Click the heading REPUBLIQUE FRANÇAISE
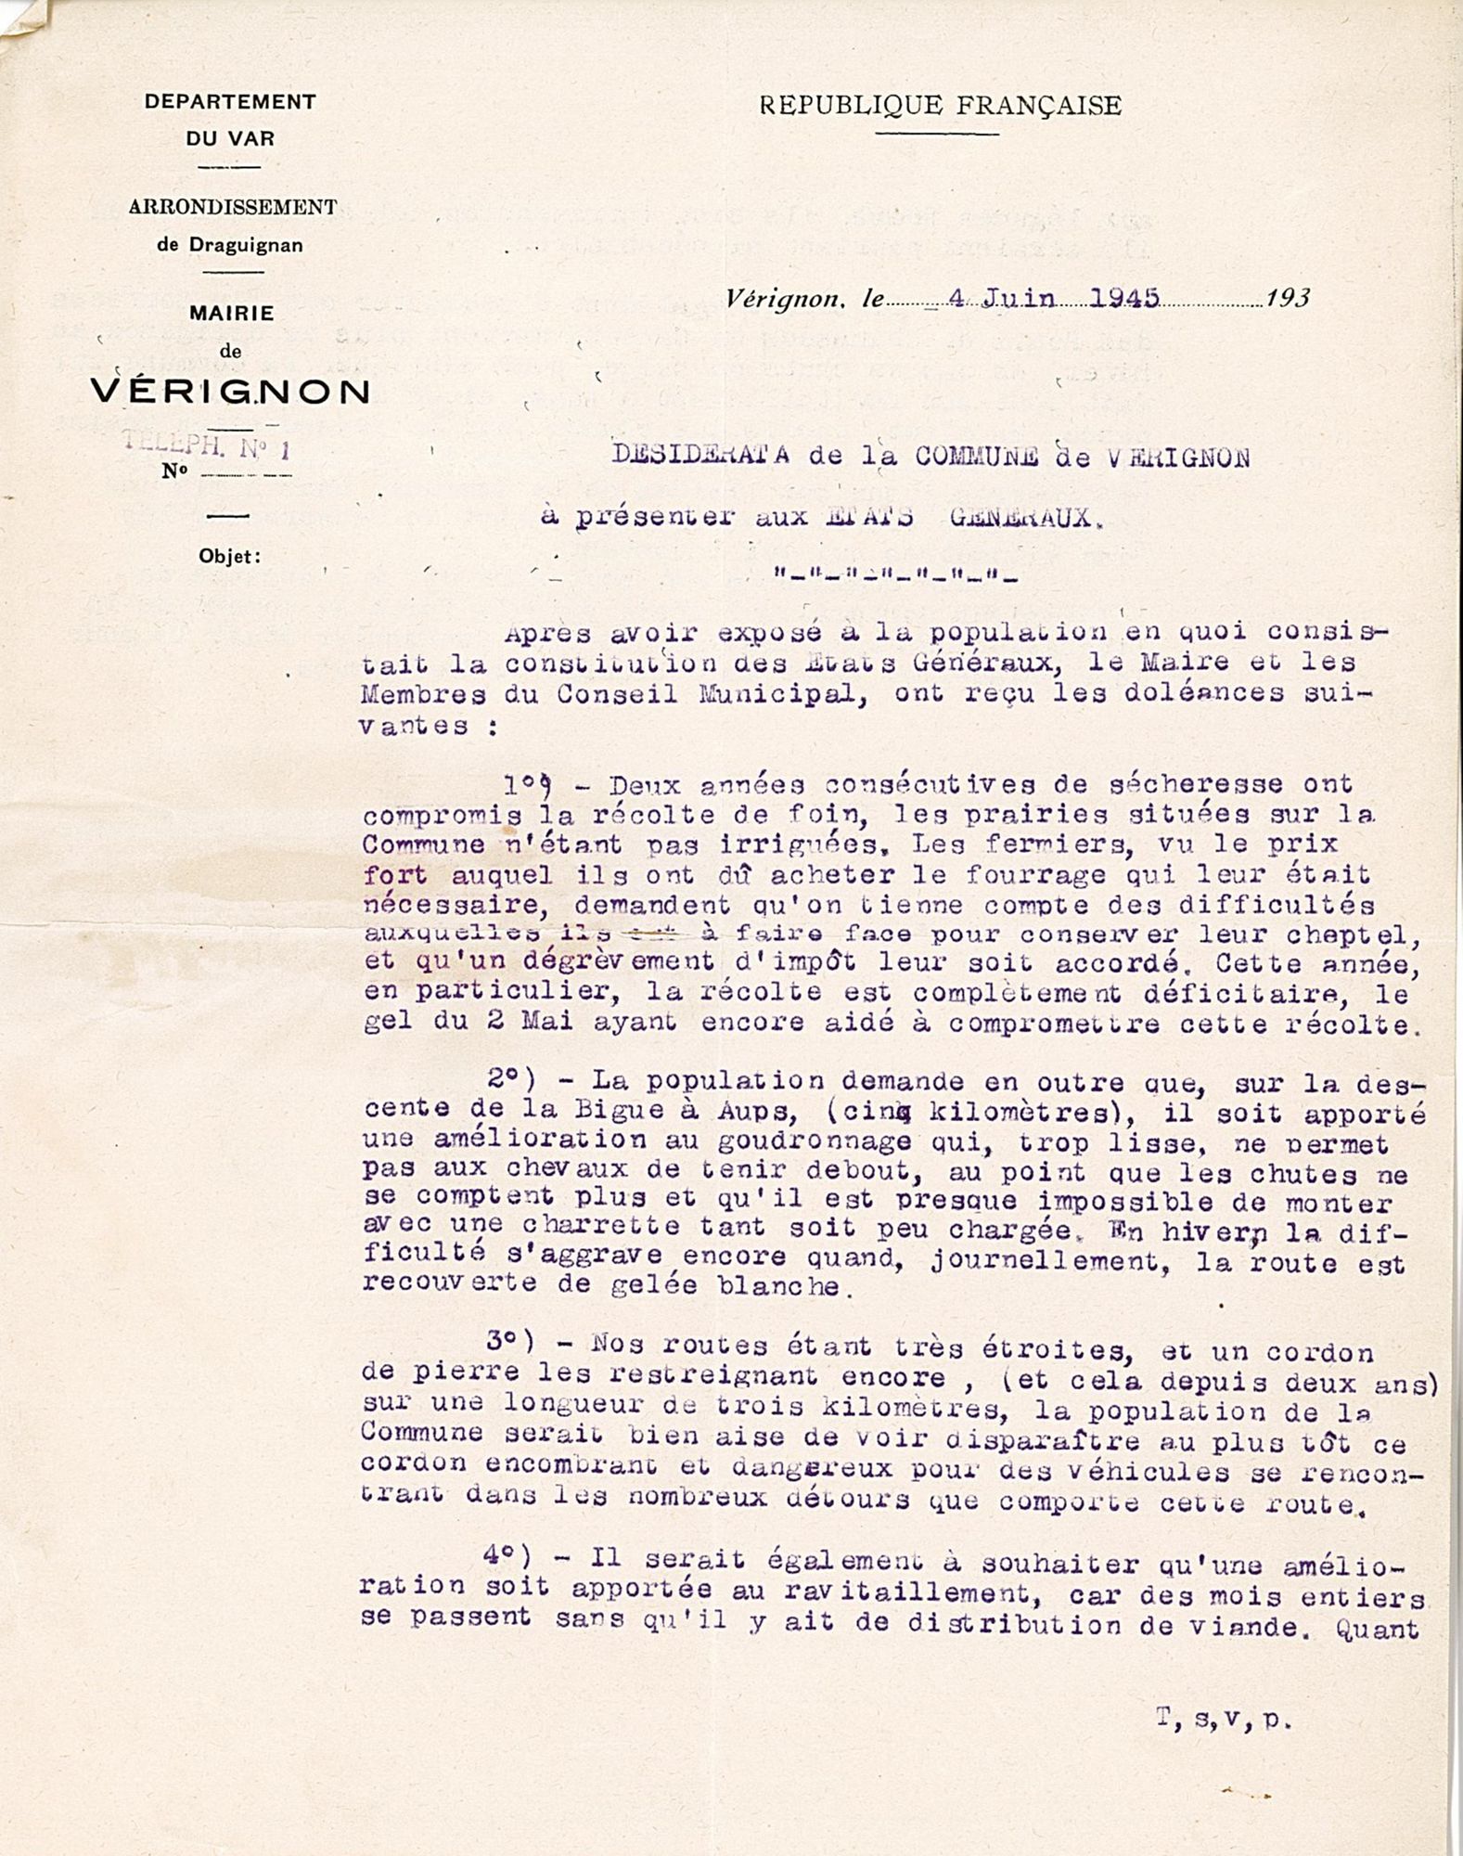point(940,106)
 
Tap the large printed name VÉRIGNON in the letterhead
point(231,392)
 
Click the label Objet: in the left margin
point(230,557)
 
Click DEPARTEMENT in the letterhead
point(230,102)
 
